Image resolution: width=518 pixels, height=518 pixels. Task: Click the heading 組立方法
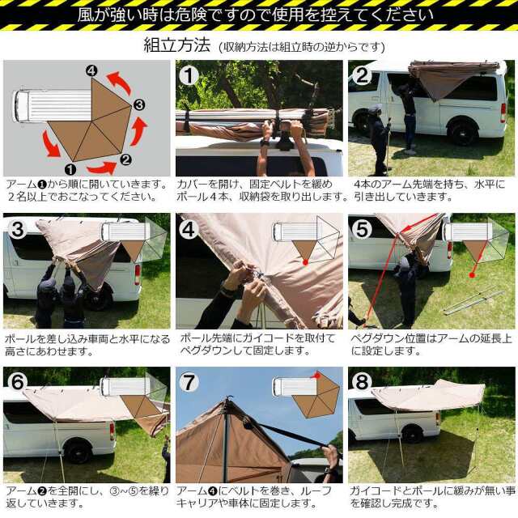(176, 45)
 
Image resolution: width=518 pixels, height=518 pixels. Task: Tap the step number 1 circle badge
(189, 75)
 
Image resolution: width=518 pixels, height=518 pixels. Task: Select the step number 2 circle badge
(362, 75)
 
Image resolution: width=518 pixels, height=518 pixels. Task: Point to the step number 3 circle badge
(18, 228)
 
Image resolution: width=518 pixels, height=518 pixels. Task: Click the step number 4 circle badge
(189, 228)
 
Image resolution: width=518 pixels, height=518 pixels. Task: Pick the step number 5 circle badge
(362, 228)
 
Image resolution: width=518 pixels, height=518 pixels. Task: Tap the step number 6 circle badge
(18, 382)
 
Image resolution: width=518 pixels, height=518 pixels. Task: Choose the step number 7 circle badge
(189, 382)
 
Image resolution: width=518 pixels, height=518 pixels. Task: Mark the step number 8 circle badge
(362, 382)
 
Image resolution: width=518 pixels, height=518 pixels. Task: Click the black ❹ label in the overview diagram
(91, 70)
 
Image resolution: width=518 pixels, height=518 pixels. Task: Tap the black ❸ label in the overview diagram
(139, 105)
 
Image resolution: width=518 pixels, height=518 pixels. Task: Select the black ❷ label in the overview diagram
(125, 160)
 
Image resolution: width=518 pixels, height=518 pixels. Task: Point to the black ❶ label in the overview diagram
(70, 169)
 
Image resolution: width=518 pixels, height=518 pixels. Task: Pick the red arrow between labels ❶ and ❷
(102, 168)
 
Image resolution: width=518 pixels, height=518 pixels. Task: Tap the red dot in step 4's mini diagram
(305, 262)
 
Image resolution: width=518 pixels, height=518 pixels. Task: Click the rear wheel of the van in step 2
(461, 131)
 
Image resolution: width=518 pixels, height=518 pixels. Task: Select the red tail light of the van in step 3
(138, 274)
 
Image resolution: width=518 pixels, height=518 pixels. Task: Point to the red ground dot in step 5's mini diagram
(473, 275)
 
